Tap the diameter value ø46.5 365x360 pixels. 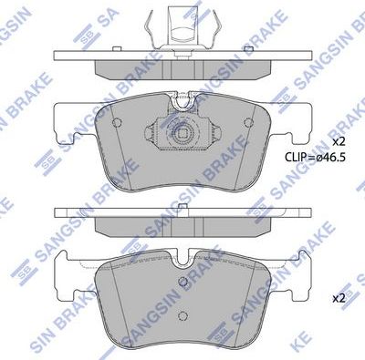[x=326, y=157]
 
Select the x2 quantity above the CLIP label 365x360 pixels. [x=338, y=142]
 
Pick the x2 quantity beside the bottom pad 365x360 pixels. [x=338, y=297]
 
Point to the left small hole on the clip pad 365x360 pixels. [x=114, y=123]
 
